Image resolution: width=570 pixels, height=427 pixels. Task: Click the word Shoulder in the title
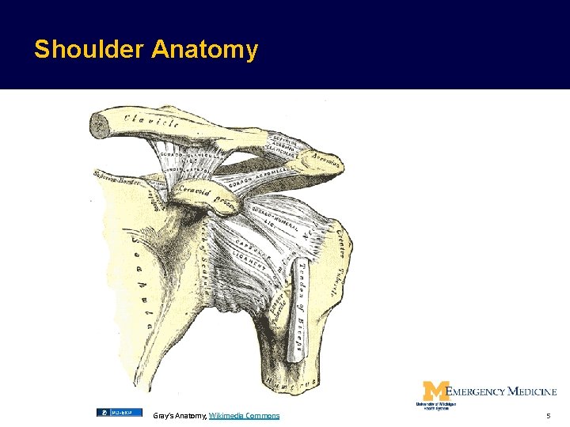(89, 50)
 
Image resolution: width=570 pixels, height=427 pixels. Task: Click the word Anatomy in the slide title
(204, 50)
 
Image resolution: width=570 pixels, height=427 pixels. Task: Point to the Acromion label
(326, 162)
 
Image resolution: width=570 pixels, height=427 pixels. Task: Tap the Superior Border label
(116, 179)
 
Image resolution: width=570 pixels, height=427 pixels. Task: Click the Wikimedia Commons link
(244, 415)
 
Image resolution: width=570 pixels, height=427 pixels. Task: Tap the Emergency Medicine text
(501, 391)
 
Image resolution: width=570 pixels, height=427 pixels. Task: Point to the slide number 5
(548, 415)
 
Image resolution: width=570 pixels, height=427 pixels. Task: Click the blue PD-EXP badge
(119, 412)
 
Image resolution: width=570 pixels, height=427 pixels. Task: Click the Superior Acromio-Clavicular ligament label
(282, 142)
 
